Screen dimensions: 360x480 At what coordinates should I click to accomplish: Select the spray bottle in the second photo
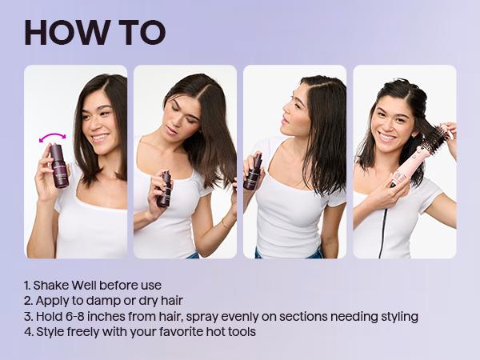click(165, 189)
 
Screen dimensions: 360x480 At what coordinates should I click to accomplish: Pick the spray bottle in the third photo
click(254, 171)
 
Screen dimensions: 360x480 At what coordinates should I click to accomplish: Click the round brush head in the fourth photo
click(433, 141)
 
